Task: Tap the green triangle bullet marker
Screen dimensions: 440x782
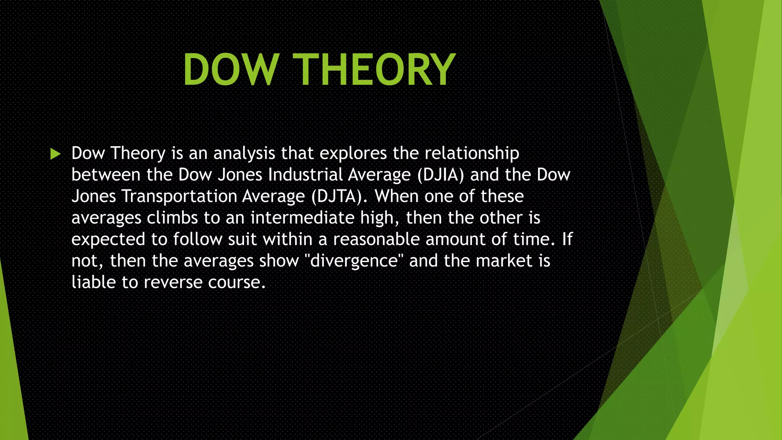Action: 55,154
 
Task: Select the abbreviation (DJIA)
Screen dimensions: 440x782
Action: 440,175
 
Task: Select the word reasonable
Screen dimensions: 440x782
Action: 376,239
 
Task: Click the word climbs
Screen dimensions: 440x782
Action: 172,218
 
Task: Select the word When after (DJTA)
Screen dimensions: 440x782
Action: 396,196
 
